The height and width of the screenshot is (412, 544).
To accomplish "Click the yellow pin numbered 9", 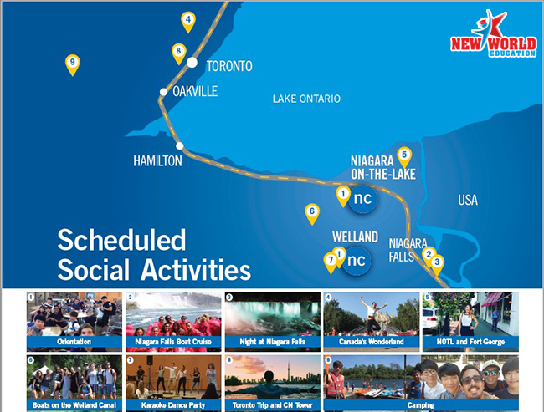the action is [73, 64].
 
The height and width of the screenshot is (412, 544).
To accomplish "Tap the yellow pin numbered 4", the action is [188, 22].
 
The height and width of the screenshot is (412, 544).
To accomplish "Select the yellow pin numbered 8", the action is [178, 53].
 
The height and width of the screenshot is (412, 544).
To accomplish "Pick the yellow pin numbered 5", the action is [404, 157].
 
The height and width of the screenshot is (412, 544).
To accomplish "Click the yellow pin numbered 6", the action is [312, 213].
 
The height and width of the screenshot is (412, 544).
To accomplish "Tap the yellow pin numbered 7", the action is [331, 262].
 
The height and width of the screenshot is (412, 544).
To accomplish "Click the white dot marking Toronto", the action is [192, 63].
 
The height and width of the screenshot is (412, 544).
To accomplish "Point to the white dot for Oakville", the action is [163, 92].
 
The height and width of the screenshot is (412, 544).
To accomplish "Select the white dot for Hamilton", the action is [179, 146].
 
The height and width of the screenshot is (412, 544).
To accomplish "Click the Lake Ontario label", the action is [306, 99].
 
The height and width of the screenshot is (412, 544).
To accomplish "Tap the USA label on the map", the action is [468, 201].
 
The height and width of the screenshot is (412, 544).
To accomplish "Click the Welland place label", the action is [355, 237].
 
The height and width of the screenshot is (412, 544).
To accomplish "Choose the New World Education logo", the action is [493, 33].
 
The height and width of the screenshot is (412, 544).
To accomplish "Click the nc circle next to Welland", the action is [356, 261].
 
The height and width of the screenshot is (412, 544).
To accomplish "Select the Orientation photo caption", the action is [74, 342].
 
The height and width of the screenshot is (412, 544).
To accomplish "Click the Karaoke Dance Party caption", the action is [173, 405].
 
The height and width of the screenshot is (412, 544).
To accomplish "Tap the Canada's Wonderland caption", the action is [372, 342].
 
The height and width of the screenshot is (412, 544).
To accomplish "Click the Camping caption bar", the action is [421, 405].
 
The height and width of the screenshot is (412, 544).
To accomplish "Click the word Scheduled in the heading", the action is [121, 240].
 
